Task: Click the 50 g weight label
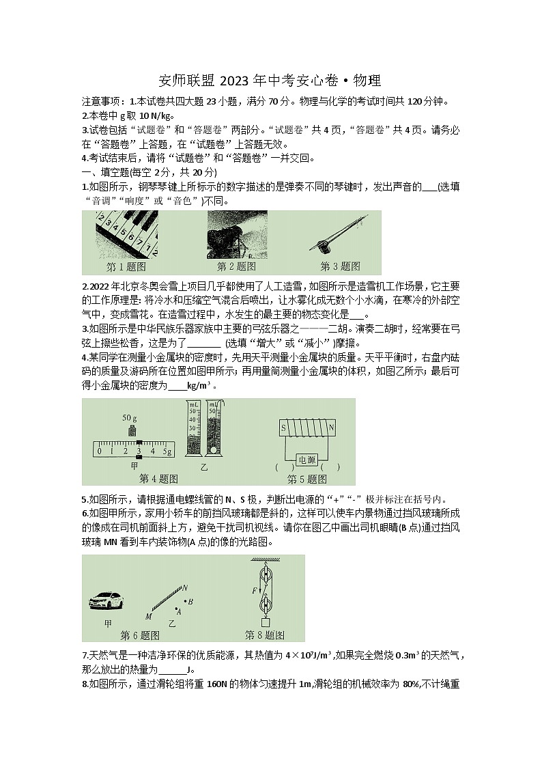(x=130, y=417)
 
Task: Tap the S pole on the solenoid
(x=282, y=428)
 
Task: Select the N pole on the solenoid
(x=332, y=428)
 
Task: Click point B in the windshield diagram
(x=189, y=602)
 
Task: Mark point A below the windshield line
(x=178, y=611)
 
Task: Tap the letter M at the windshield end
(x=148, y=616)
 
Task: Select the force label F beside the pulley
(x=255, y=589)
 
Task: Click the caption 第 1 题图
(x=126, y=267)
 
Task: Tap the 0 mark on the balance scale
(x=100, y=451)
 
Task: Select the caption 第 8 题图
(x=264, y=636)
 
